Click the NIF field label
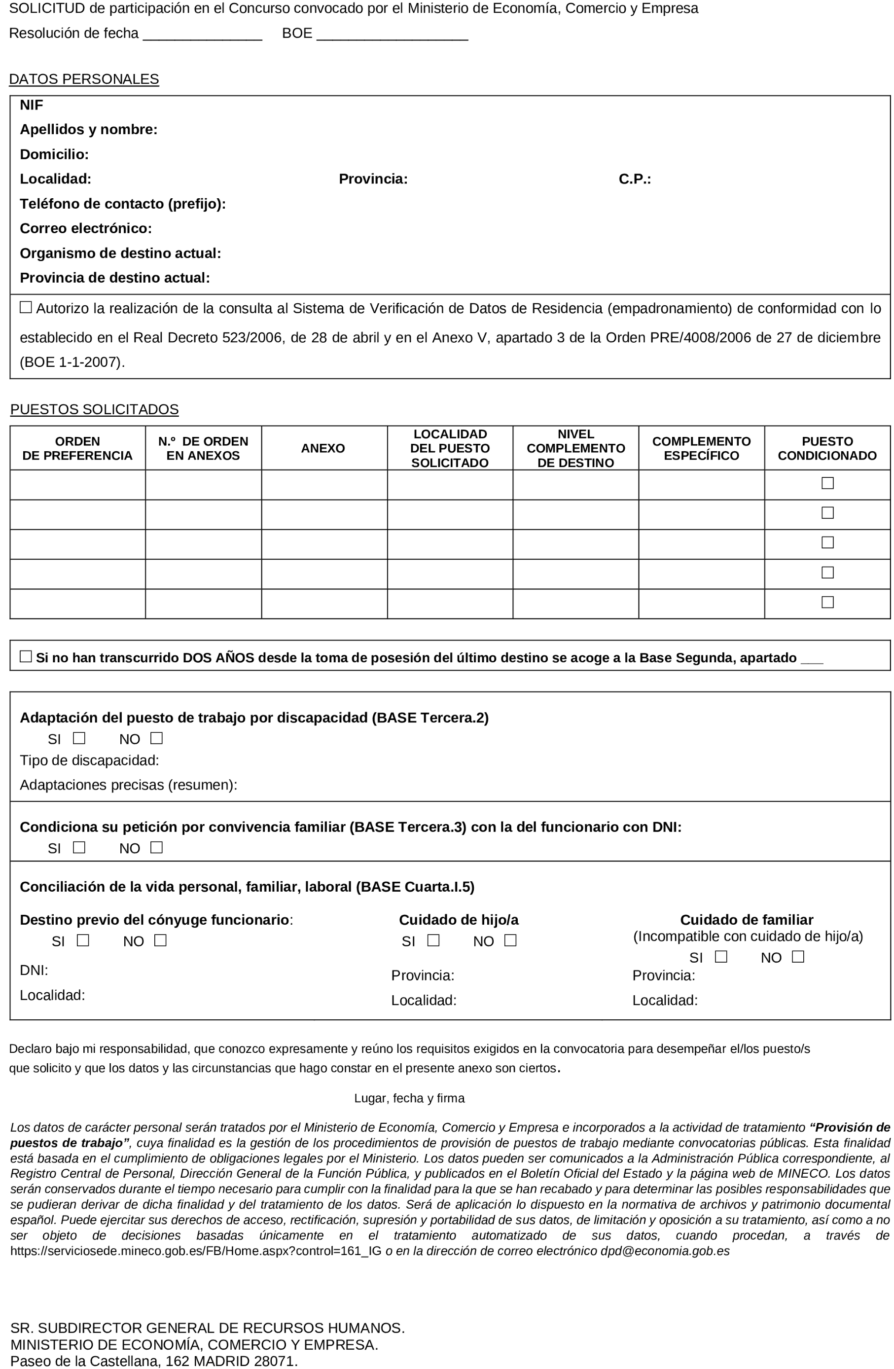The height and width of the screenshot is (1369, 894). pos(31,105)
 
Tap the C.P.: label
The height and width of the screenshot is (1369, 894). pos(634,179)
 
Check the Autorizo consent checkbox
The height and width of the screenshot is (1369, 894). pos(26,307)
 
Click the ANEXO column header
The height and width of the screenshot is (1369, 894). pos(322,448)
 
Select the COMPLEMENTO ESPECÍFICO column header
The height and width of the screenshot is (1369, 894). pos(701,448)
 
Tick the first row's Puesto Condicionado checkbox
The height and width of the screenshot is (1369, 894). pos(826,483)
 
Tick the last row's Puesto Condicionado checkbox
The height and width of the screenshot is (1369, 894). pos(826,602)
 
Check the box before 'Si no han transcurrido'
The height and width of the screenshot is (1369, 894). pos(26,656)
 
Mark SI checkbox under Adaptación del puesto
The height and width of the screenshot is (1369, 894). pos(79,738)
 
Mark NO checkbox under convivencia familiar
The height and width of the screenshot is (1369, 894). pos(156,847)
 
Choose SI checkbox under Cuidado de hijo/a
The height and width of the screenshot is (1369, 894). pos(433,940)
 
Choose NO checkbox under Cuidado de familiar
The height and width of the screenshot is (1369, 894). pos(797,957)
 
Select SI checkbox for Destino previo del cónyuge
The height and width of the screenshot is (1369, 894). pos(83,940)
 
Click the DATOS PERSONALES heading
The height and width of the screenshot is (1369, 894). pos(84,79)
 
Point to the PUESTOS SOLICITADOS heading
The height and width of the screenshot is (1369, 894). pos(94,409)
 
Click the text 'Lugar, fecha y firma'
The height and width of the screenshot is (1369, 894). pos(409,1098)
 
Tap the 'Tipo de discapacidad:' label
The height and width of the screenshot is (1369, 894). pos(89,760)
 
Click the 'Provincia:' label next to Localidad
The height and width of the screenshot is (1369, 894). pos(373,179)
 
